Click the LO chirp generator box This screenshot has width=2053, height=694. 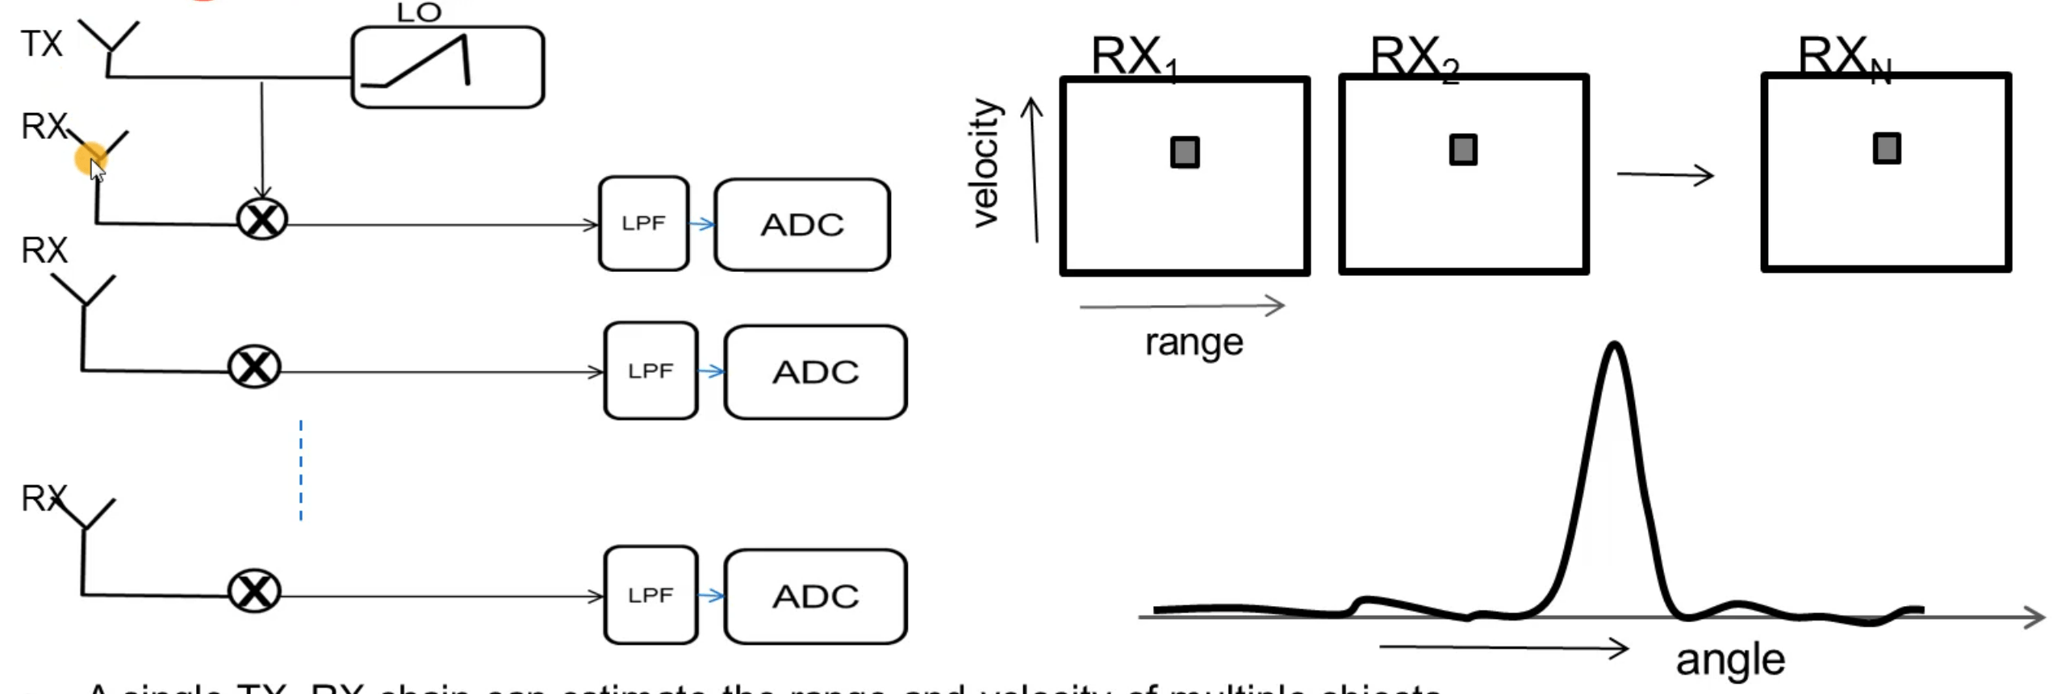point(448,67)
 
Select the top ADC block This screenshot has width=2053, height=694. point(802,224)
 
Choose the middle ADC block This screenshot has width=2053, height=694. point(815,372)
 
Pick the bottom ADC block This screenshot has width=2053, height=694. point(815,596)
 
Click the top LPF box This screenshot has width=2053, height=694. point(643,224)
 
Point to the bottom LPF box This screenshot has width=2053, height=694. point(650,596)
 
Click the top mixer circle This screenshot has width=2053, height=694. point(262,219)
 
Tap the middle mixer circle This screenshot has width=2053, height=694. point(255,368)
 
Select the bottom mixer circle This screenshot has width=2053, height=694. point(255,592)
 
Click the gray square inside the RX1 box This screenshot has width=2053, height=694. point(1185,153)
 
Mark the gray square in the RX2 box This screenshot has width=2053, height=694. point(1463,150)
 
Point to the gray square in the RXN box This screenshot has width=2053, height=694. point(1887,148)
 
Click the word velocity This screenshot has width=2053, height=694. point(987,164)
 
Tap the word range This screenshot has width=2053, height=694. point(1194,342)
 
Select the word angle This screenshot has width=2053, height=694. point(1730,660)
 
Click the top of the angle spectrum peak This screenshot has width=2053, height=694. point(1614,346)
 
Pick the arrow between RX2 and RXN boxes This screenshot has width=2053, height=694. point(1665,174)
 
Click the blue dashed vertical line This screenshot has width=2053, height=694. point(301,470)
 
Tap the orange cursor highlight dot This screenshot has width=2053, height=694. point(90,157)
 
